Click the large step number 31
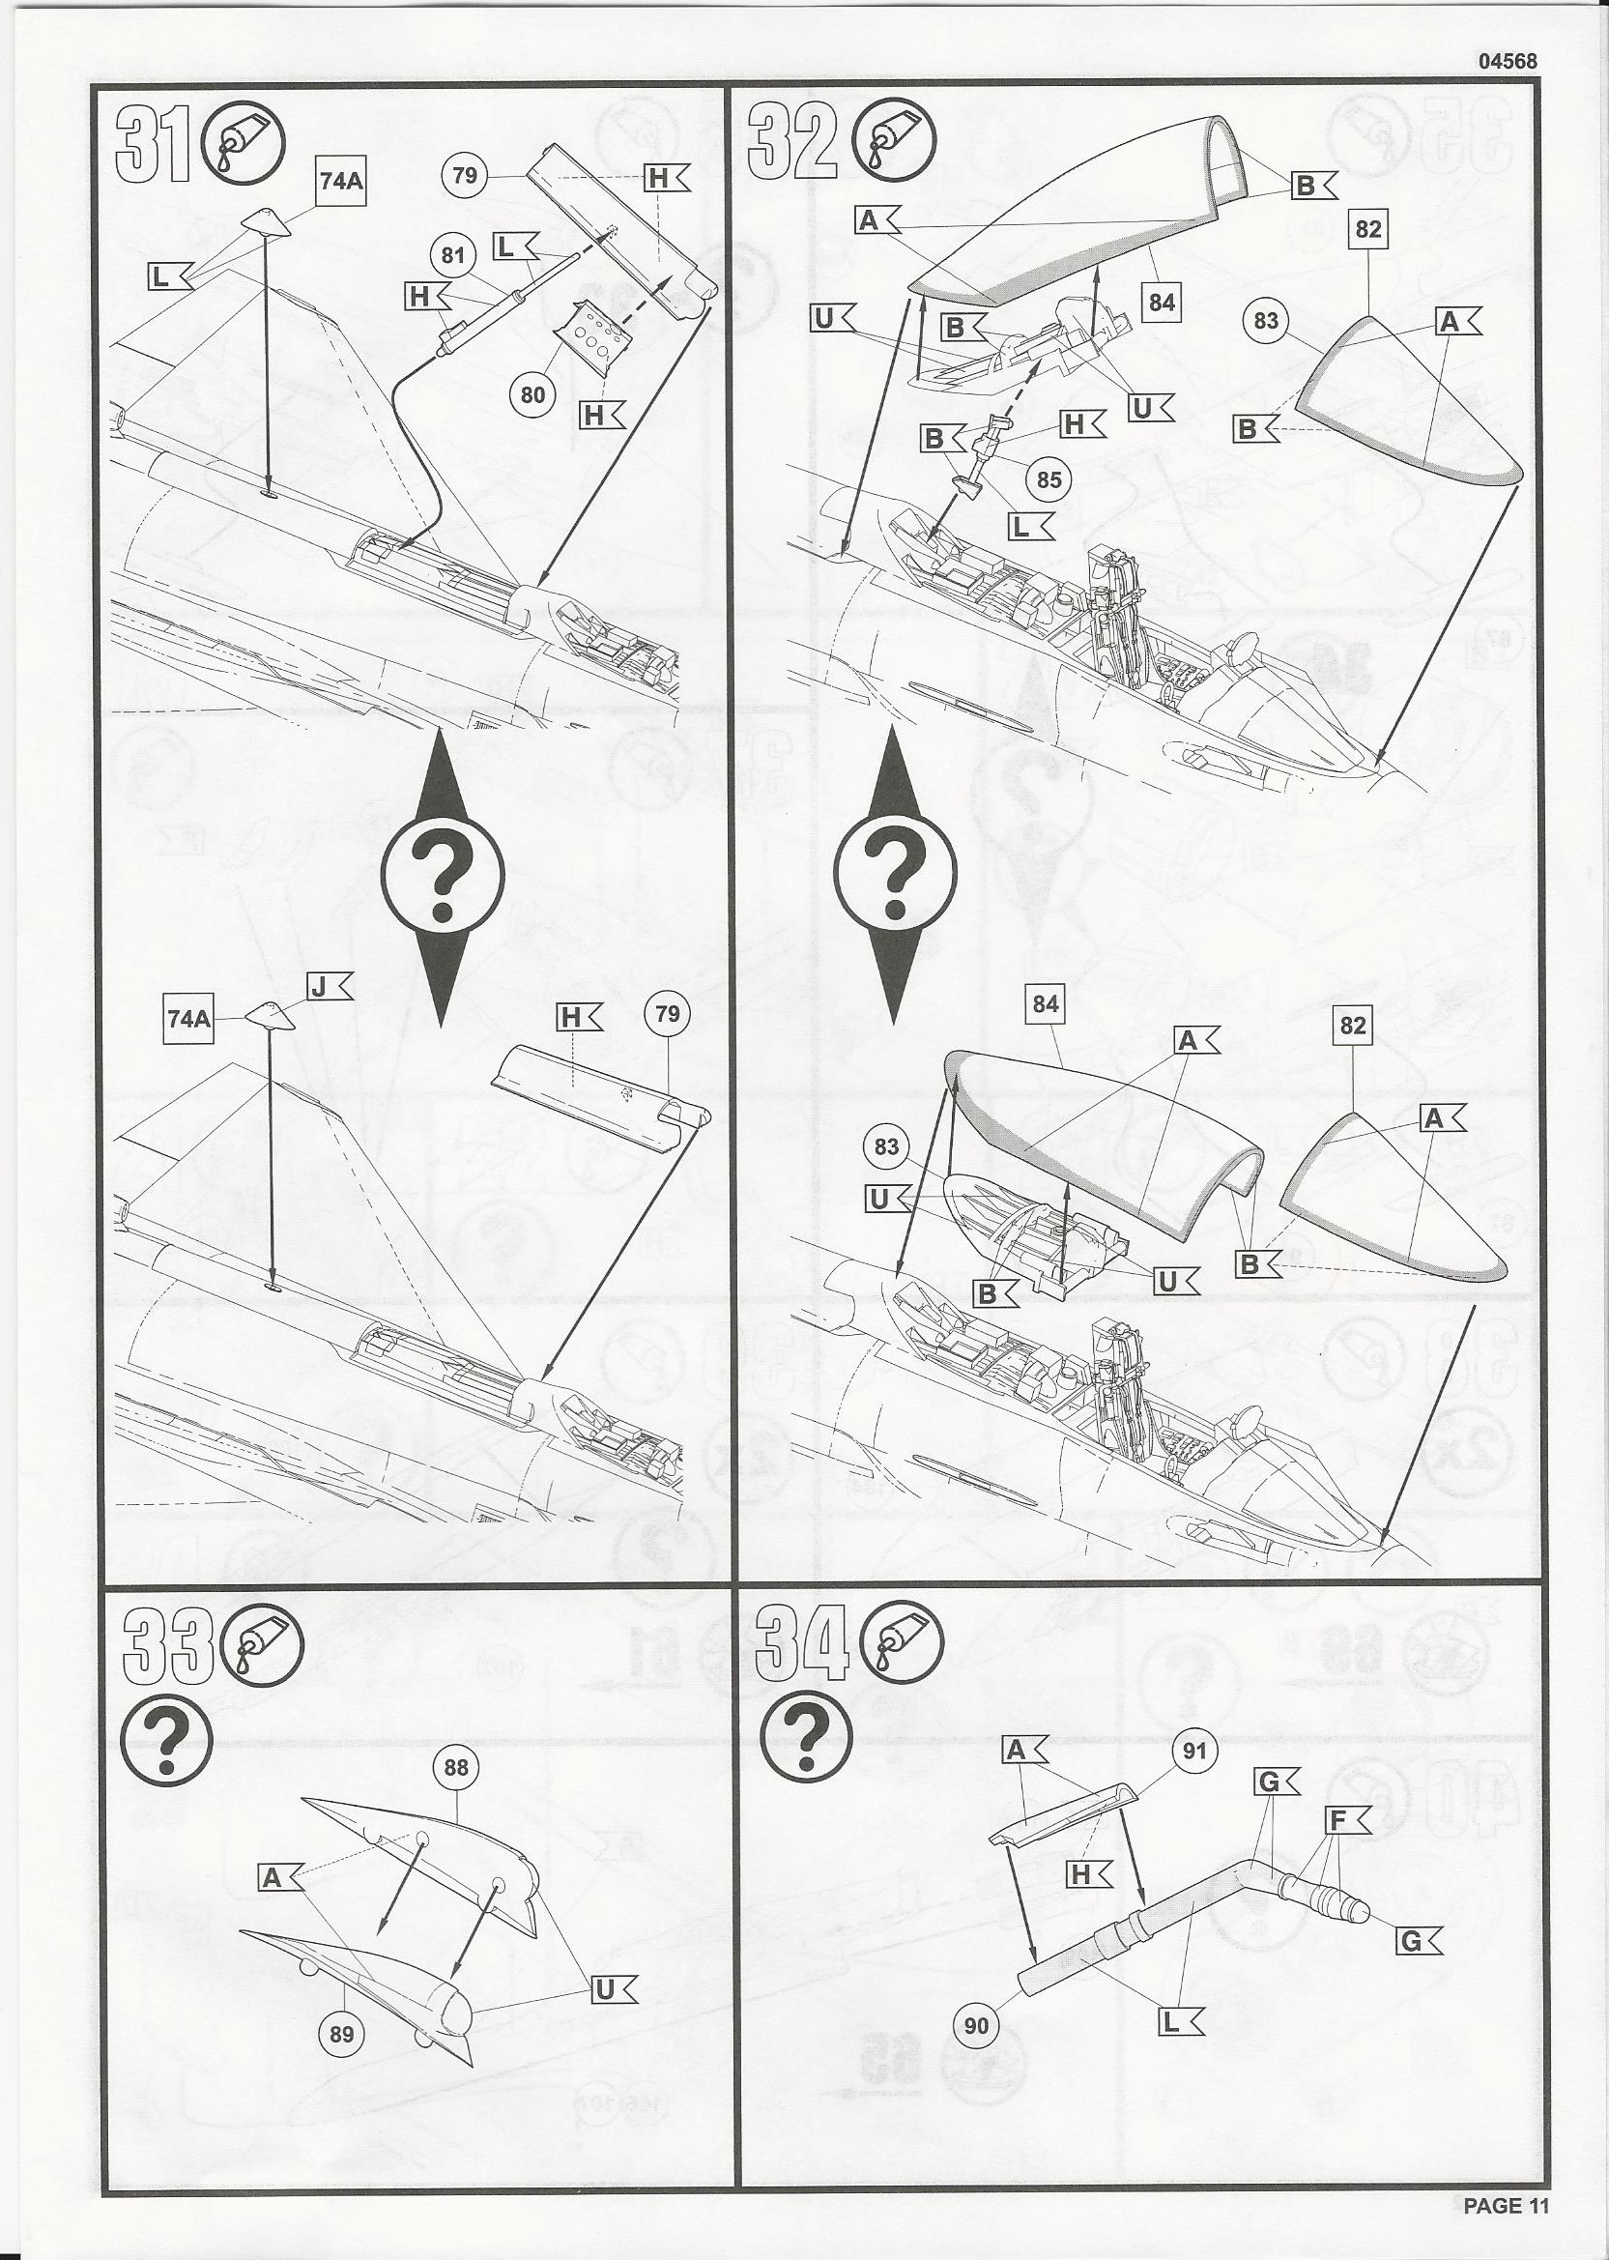(x=153, y=145)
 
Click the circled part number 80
(x=533, y=394)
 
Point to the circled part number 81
(x=453, y=255)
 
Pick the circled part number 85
(x=1049, y=479)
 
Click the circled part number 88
(x=456, y=1768)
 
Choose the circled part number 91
(x=1194, y=1751)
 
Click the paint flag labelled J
(x=329, y=987)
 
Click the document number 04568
(x=1508, y=61)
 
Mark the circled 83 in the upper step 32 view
(x=1265, y=321)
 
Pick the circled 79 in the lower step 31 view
(x=667, y=1014)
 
